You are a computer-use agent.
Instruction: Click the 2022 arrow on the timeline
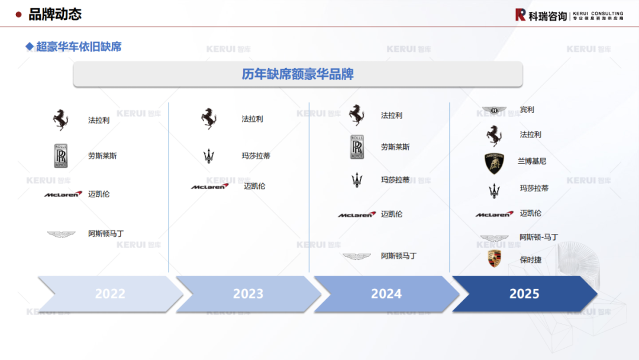click(110, 294)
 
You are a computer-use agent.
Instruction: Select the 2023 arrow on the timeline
click(248, 294)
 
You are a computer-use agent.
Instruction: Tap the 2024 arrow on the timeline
click(386, 294)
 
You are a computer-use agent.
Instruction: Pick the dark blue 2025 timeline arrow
click(524, 294)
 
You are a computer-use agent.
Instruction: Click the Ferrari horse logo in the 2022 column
click(60, 120)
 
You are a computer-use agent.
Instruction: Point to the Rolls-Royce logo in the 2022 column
click(61, 156)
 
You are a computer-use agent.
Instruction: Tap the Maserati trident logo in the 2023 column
click(208, 156)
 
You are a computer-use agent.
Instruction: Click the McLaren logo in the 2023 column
click(209, 187)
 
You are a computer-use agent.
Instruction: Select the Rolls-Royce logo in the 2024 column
click(357, 147)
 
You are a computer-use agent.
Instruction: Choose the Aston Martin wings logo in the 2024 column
click(356, 256)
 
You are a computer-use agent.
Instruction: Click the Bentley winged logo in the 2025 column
click(494, 110)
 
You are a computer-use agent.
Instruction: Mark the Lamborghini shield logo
click(494, 162)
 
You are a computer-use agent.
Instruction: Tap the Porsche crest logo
click(494, 259)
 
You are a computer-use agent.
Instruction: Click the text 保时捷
click(531, 259)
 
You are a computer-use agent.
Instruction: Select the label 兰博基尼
click(532, 161)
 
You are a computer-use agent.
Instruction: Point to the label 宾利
click(527, 110)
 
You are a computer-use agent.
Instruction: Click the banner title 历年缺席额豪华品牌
click(298, 74)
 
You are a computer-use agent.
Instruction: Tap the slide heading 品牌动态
click(55, 14)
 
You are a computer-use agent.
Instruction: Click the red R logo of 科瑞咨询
click(520, 15)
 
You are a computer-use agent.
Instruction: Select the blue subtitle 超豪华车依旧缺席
click(79, 46)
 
